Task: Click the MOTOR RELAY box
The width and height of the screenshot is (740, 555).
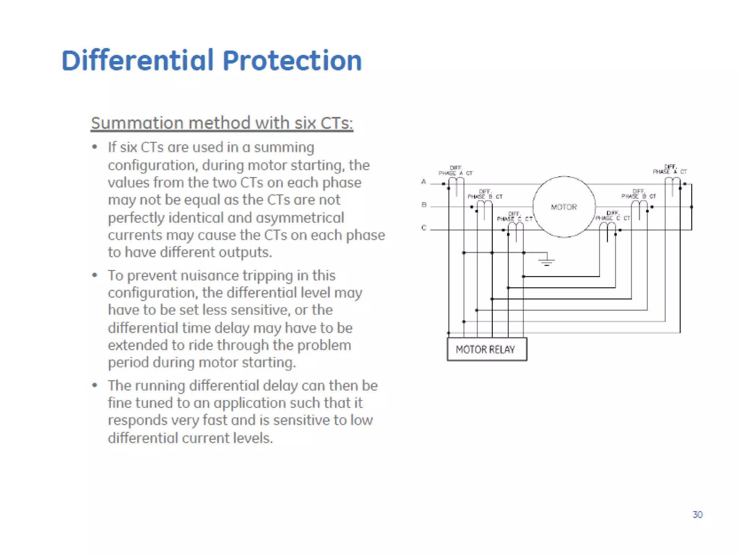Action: pyautogui.click(x=487, y=349)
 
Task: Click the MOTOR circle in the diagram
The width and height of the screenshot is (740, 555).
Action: pyautogui.click(x=564, y=207)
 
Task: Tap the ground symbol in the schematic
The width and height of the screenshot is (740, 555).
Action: pyautogui.click(x=547, y=261)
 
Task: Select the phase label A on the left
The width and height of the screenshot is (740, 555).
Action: pyautogui.click(x=423, y=182)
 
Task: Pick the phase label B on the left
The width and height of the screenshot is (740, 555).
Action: pyautogui.click(x=424, y=205)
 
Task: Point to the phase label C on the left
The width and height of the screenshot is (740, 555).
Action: pyautogui.click(x=424, y=228)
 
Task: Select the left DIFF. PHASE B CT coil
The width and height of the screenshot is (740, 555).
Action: pyautogui.click(x=485, y=205)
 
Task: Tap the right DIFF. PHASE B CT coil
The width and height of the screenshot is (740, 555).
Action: pyautogui.click(x=639, y=205)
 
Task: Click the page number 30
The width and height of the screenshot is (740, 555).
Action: pyautogui.click(x=697, y=515)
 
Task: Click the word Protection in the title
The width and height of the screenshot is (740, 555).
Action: pyautogui.click(x=292, y=60)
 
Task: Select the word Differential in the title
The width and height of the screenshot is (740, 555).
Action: pyautogui.click(x=138, y=60)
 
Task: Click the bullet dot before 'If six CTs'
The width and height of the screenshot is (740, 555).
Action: pyautogui.click(x=95, y=147)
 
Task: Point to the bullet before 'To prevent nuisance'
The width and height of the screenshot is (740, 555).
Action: pyautogui.click(x=95, y=275)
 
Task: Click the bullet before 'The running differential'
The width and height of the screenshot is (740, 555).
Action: pyautogui.click(x=95, y=385)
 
